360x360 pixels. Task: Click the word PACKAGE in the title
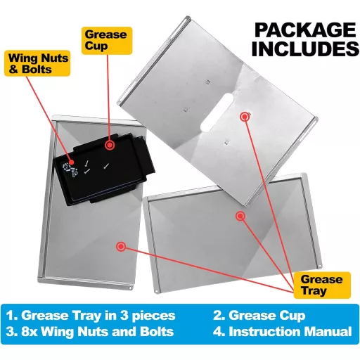305,30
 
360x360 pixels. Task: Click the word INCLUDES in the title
305,49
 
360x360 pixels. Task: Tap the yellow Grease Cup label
107,41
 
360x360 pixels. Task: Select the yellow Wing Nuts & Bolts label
37,63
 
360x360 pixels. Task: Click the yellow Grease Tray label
322,285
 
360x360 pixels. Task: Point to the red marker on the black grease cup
110,146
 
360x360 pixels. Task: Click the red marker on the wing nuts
72,162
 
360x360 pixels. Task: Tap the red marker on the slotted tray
245,117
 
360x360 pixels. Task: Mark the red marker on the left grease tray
121,246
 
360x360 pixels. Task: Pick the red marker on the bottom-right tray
240,216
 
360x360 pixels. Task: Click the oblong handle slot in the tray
217,112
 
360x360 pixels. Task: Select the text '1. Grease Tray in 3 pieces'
91,316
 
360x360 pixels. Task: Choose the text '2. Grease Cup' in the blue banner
259,316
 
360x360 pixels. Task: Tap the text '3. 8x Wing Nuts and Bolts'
90,332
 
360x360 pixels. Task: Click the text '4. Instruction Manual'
283,332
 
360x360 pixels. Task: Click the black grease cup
104,169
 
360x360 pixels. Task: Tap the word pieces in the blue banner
153,316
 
